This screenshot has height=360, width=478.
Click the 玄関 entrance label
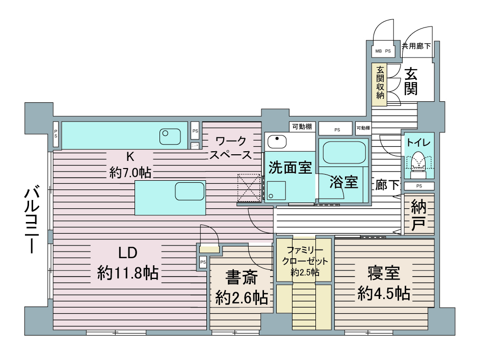[x=411, y=81]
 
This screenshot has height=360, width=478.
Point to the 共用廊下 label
[x=416, y=46]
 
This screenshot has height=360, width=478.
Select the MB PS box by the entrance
[x=383, y=51]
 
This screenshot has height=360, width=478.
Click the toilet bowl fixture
[x=418, y=162]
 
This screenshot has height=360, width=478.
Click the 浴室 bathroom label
[x=342, y=182]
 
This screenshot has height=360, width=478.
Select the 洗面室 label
[x=290, y=168]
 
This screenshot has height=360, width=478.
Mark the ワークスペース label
[x=231, y=148]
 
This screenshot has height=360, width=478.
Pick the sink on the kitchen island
[x=190, y=191]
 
